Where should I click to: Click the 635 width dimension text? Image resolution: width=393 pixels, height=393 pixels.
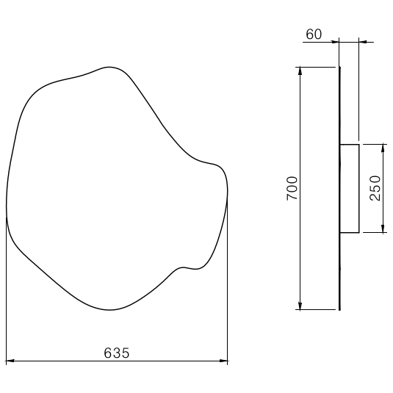pos(116,353)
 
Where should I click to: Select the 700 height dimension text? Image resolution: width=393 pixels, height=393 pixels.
pos(291,189)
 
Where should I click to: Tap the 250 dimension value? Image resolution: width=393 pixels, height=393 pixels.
pos(375,189)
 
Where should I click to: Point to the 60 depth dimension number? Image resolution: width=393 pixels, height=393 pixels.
pos(314,35)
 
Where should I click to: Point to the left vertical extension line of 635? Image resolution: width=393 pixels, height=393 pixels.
pos(7,294)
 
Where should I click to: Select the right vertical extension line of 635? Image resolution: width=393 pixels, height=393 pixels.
pos(228,294)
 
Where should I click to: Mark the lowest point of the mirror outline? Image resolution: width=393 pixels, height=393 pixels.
pos(110,310)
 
